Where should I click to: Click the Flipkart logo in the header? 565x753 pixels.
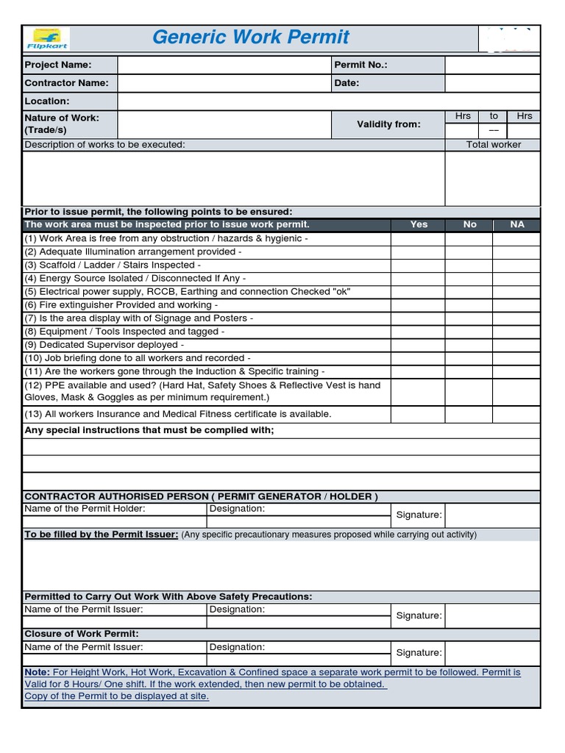click(x=48, y=39)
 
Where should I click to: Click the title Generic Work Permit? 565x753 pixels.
click(x=251, y=38)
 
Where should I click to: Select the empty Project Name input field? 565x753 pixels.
click(x=224, y=65)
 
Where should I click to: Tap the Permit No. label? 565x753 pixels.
click(x=360, y=65)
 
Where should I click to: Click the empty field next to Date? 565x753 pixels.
click(x=492, y=83)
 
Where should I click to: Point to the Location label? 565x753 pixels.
click(x=47, y=101)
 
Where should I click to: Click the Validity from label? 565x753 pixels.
click(x=388, y=124)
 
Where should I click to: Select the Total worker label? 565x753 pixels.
click(x=493, y=145)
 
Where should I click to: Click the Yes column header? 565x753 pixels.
click(x=419, y=224)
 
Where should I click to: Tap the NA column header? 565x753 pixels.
click(x=517, y=224)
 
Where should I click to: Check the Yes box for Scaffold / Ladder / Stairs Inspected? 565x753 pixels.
click(x=419, y=265)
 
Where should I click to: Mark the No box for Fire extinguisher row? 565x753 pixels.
click(x=469, y=304)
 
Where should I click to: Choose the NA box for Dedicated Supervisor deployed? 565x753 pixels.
click(x=517, y=344)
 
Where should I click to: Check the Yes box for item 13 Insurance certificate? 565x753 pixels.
click(x=419, y=414)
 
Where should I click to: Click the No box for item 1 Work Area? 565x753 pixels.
click(x=469, y=238)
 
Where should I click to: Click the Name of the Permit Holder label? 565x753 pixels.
click(x=85, y=509)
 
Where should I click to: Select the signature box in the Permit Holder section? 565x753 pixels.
click(x=492, y=515)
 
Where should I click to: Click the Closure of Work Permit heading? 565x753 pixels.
click(x=82, y=634)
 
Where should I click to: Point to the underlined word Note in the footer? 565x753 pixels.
click(x=37, y=672)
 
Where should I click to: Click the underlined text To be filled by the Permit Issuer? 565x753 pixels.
click(x=102, y=535)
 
